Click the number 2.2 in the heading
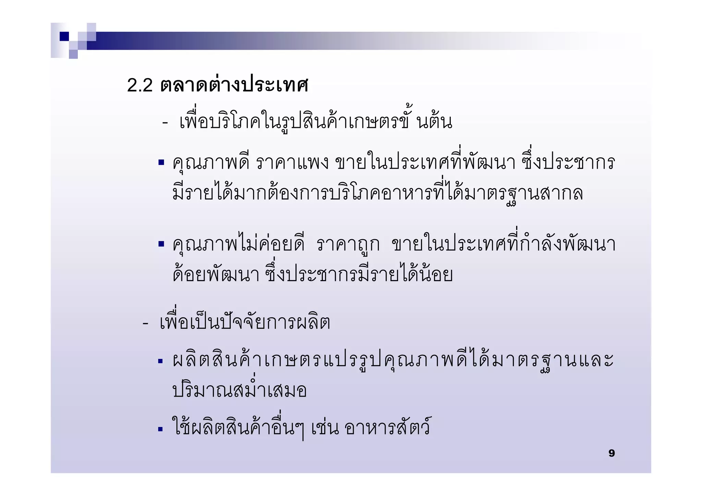(x=140, y=85)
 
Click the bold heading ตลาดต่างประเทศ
(x=234, y=84)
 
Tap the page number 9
(x=612, y=453)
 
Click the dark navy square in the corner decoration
(x=64, y=36)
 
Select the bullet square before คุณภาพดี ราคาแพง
(x=161, y=162)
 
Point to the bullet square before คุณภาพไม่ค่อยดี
(x=161, y=244)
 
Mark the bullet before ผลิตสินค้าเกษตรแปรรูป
(x=160, y=361)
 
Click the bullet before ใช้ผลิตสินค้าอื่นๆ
(x=160, y=429)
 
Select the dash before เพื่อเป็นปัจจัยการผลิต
(x=145, y=323)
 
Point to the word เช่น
(x=325, y=428)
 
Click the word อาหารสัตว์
(x=387, y=427)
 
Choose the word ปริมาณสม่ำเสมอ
(x=239, y=390)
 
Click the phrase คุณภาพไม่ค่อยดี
(x=239, y=244)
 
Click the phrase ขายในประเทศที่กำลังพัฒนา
(x=503, y=244)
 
